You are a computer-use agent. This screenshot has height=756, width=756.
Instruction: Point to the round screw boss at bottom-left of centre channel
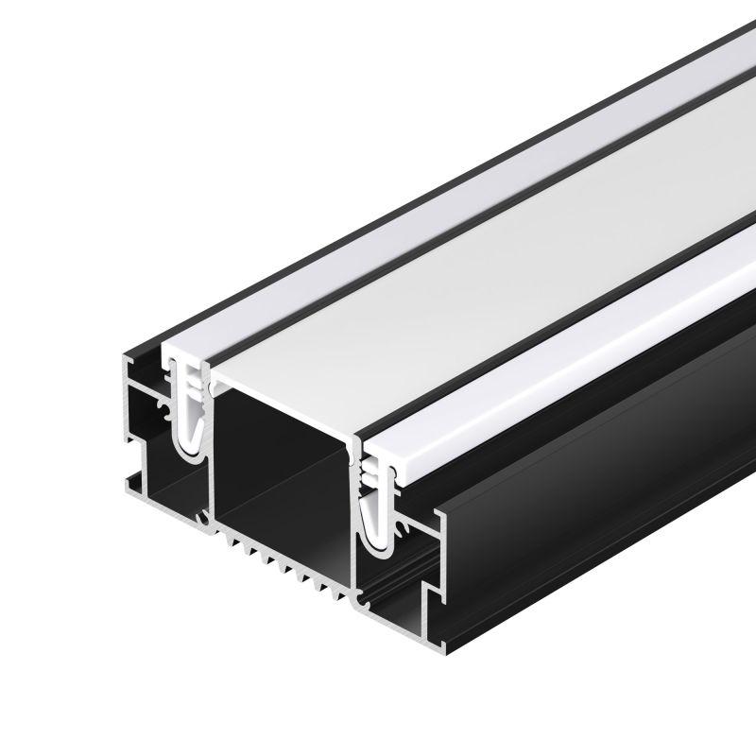click(x=202, y=519)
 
